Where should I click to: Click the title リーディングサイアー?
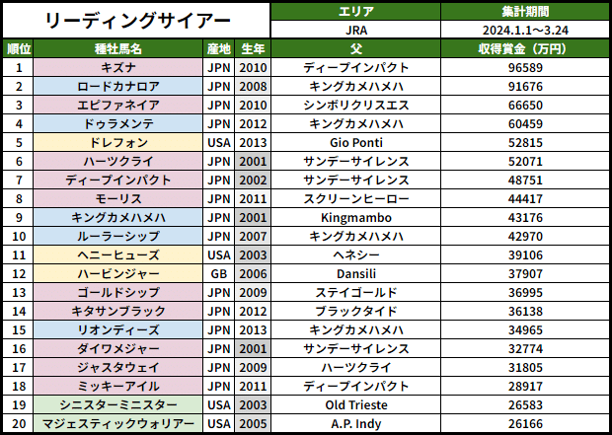tap(138, 20)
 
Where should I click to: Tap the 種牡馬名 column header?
tap(118, 48)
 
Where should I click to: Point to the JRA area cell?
tap(356, 30)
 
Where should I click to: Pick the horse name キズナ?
tap(118, 67)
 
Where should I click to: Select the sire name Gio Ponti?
tap(356, 142)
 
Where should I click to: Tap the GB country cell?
tap(219, 273)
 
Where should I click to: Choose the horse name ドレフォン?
tap(118, 142)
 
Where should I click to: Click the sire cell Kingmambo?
tap(356, 217)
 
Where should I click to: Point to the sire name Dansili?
tap(356, 273)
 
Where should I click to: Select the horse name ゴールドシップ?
tap(118, 292)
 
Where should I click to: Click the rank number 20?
tap(18, 423)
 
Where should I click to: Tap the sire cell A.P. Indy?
tap(356, 423)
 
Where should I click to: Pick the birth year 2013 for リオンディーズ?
tap(253, 329)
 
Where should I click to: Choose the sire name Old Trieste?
tap(356, 404)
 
